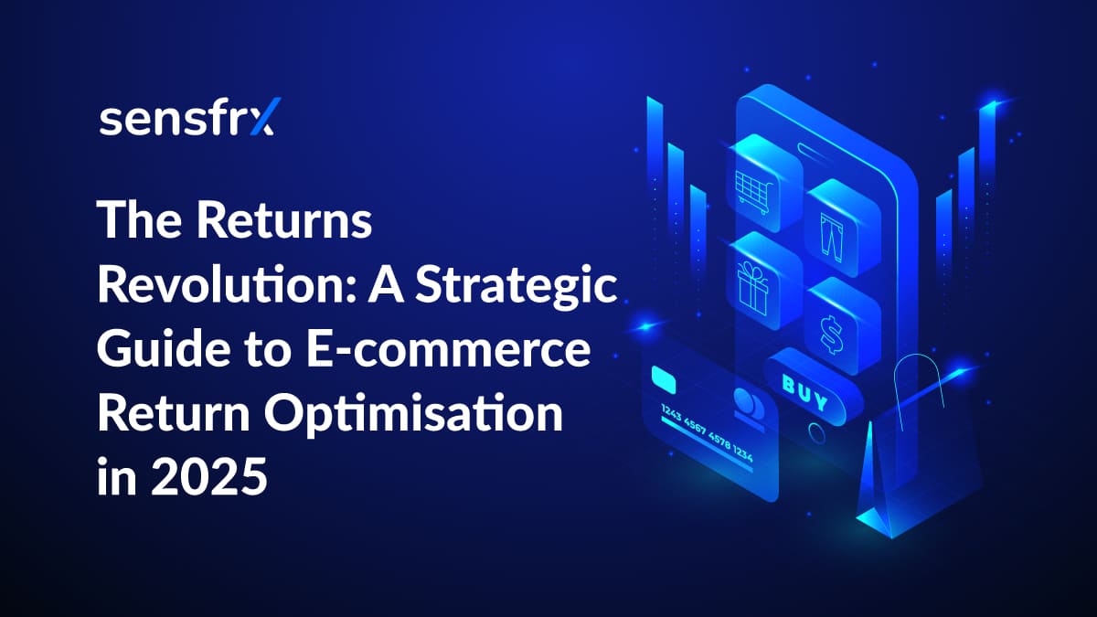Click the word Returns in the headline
284,220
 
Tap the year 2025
209,476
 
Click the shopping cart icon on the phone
754,191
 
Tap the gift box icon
752,289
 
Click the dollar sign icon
832,335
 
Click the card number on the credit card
706,433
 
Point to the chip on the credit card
664,379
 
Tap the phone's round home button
816,433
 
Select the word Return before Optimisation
174,414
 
